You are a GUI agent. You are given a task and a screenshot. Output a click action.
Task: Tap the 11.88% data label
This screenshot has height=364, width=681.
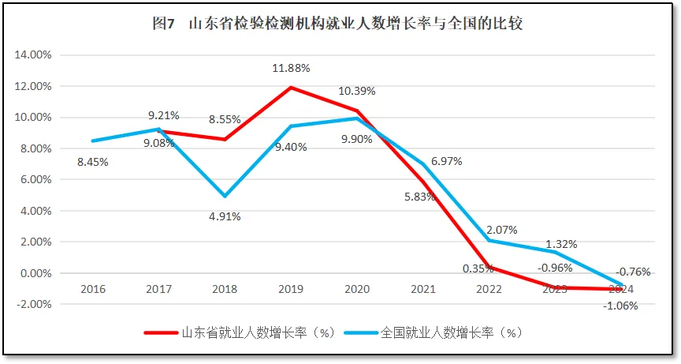292,69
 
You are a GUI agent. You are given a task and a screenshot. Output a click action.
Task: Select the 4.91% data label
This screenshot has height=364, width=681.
225,216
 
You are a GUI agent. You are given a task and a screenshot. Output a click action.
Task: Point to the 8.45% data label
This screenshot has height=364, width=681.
93,162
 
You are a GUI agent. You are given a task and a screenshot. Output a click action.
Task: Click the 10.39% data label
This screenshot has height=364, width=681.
357,91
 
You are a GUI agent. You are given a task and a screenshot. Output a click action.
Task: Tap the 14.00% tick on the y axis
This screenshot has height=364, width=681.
34,55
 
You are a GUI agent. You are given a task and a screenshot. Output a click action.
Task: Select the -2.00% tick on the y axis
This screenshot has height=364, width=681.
34,305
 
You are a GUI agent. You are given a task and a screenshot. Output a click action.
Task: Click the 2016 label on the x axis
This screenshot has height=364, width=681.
93,289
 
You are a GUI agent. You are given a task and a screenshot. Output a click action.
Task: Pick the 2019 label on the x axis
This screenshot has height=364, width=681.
291,289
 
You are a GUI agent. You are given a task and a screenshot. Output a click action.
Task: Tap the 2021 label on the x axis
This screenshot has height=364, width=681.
423,289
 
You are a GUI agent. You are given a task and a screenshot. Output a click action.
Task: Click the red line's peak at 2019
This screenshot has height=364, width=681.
291,88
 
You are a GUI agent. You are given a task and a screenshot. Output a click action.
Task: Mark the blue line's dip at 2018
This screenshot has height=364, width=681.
225,196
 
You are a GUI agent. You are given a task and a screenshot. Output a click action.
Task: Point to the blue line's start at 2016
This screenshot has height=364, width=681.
93,141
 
